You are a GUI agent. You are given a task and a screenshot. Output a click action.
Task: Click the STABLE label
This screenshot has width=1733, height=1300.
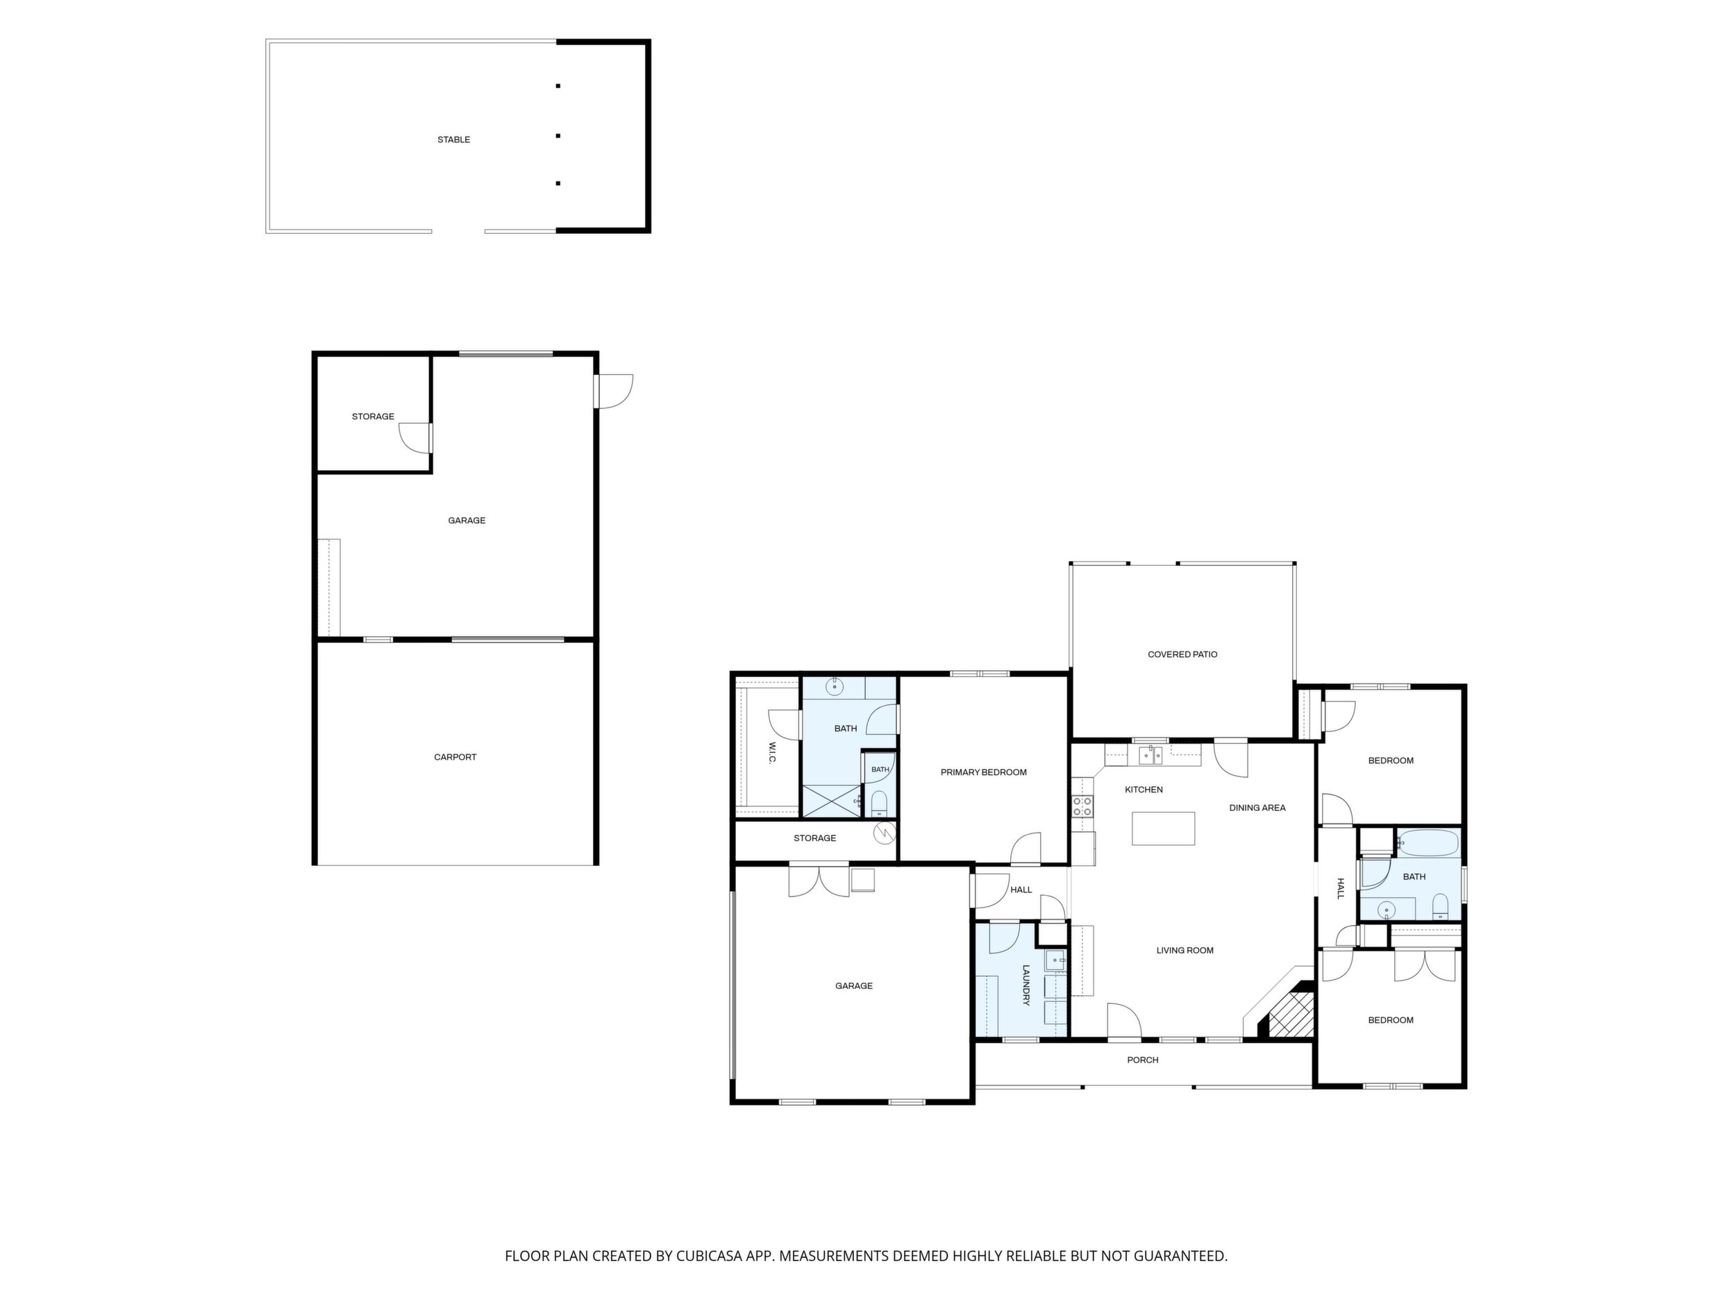(x=453, y=140)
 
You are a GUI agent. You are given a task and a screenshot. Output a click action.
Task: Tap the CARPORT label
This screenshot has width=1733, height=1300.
(x=455, y=757)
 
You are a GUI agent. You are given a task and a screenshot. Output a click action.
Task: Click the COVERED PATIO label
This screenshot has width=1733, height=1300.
(x=1182, y=654)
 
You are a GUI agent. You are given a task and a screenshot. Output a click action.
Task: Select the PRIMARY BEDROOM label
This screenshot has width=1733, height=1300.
(x=983, y=772)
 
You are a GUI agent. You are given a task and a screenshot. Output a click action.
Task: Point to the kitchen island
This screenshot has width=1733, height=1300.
(x=1163, y=828)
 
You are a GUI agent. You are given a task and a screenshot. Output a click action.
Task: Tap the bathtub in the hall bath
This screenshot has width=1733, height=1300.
(x=1428, y=843)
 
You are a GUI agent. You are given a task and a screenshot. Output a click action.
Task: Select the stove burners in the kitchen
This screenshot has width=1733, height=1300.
(x=1082, y=806)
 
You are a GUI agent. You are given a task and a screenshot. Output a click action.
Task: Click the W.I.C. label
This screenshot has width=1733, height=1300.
(x=771, y=753)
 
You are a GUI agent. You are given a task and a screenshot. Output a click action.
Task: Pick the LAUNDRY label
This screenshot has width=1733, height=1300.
(x=1025, y=985)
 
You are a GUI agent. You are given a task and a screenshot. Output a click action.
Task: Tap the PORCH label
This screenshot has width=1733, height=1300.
(x=1142, y=1060)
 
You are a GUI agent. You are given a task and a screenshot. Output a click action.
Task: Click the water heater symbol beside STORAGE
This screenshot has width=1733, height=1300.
(x=884, y=832)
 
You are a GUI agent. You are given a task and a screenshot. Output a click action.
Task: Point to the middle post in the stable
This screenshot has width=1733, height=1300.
(x=558, y=135)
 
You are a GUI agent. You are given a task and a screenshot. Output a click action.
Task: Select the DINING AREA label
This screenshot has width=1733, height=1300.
(x=1257, y=808)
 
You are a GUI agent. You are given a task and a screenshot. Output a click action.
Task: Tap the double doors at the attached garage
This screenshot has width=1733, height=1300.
(x=819, y=880)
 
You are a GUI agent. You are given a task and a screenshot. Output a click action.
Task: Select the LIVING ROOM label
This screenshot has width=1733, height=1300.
(x=1184, y=951)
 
